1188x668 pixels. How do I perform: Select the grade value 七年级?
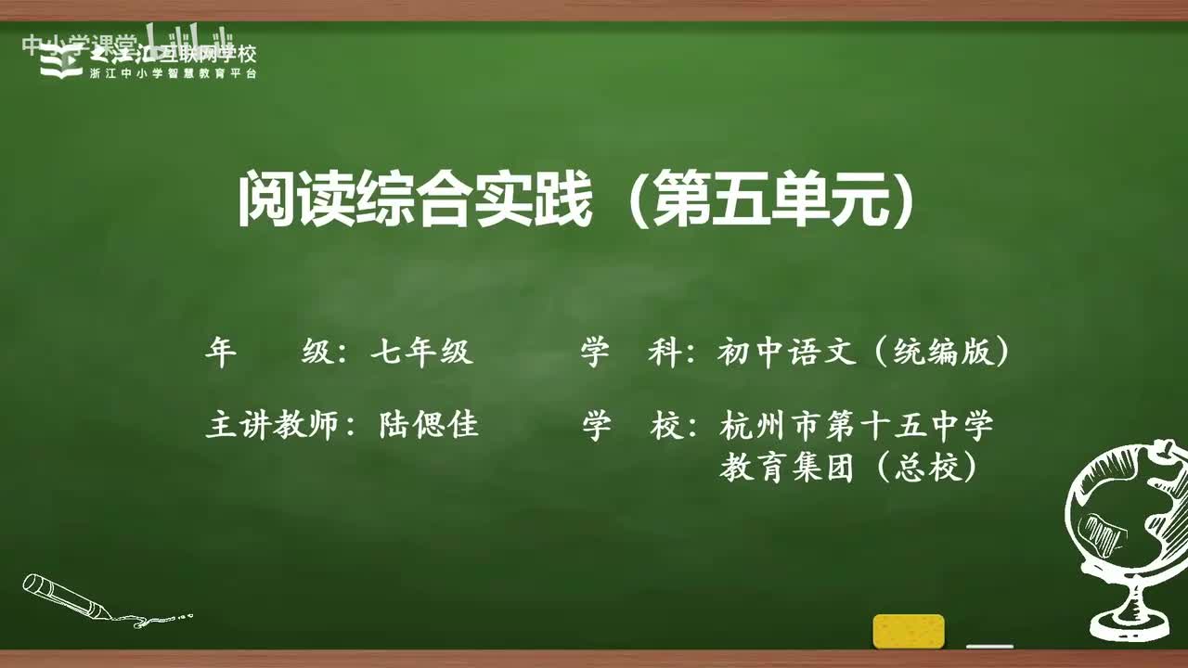(x=422, y=353)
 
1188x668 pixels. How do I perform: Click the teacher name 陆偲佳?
(x=429, y=425)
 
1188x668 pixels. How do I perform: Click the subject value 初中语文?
(x=786, y=353)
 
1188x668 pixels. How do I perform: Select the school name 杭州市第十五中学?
(x=856, y=425)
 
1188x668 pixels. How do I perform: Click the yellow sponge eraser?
(x=909, y=631)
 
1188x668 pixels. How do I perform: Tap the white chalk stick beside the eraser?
(x=989, y=646)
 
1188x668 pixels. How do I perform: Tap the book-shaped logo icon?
(x=61, y=61)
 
